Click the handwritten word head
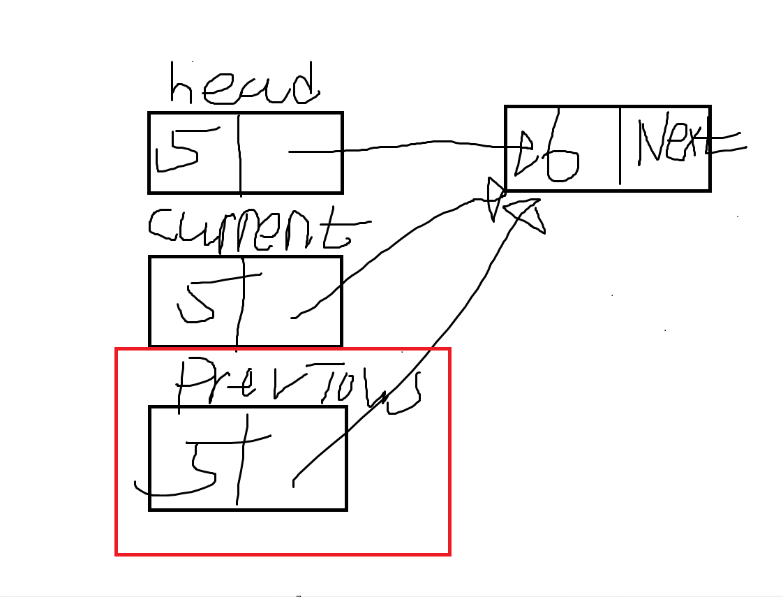point(244,85)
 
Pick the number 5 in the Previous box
point(199,464)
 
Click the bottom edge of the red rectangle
point(283,554)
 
